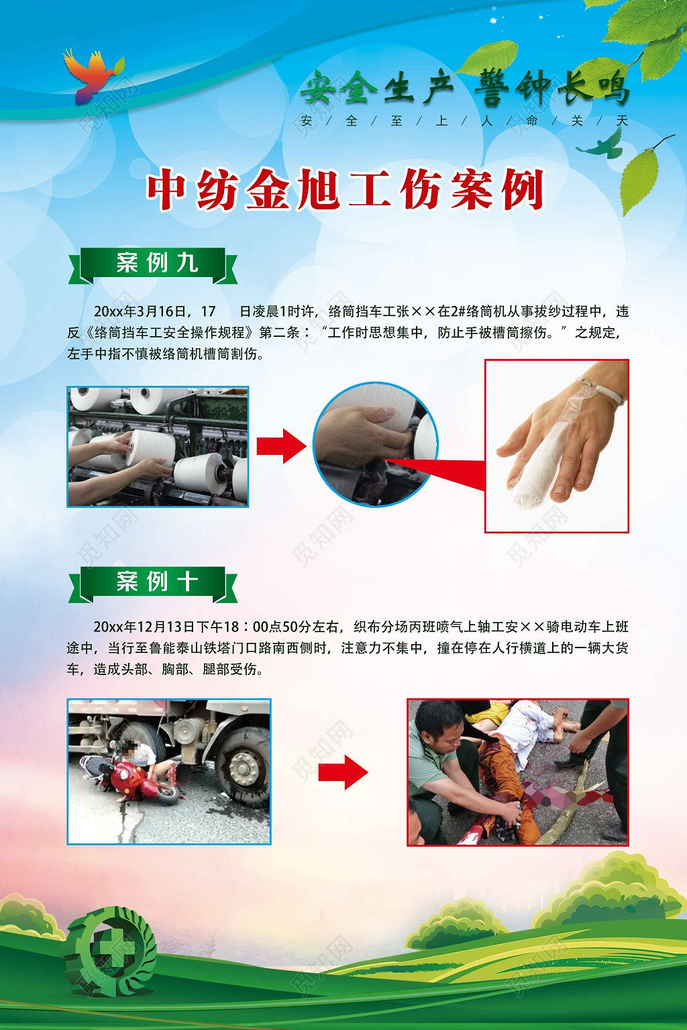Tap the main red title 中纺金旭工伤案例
[345, 190]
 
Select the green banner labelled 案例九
[154, 264]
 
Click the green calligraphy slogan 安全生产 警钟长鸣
[464, 88]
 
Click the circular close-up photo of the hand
[376, 444]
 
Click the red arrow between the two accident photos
[343, 772]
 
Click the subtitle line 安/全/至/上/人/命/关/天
[464, 121]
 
